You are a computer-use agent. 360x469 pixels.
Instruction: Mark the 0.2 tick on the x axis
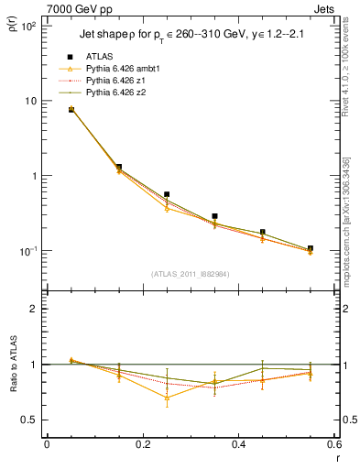(143, 444)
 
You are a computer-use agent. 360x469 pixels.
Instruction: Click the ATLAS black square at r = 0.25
(167, 194)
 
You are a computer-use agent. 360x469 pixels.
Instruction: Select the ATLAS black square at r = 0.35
(214, 216)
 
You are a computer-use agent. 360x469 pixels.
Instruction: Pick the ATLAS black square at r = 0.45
(263, 233)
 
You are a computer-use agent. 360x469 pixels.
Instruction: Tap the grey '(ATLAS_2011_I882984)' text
(191, 273)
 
